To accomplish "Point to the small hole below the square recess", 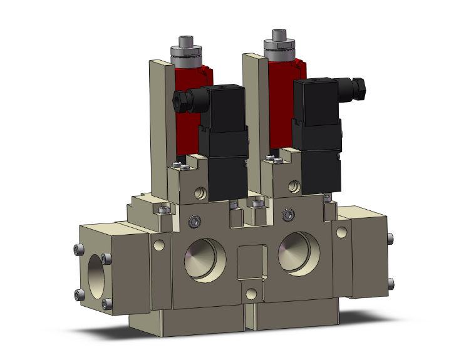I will point(251,293).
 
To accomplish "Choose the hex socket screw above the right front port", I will point(288,215).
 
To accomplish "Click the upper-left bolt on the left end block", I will point(77,250).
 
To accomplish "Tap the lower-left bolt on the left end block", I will point(78,294).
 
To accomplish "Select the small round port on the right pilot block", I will point(293,185).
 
